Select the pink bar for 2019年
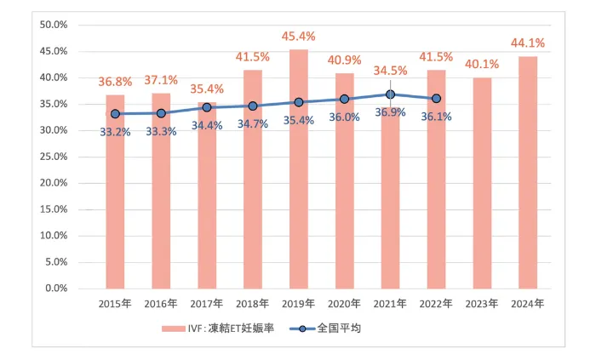coord(299,169)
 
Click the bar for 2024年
coord(528,172)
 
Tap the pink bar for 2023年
coord(482,183)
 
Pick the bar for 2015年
coord(115,191)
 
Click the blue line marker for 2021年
coord(391,94)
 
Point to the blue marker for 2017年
coord(207,107)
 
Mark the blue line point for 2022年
coord(436,99)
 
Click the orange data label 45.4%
coord(298,37)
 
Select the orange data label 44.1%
coord(528,43)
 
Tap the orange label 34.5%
coord(390,71)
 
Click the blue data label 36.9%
coord(390,112)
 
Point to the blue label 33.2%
coord(115,132)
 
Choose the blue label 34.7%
coord(253,124)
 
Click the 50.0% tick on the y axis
coord(54,25)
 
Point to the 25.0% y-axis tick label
coord(54,157)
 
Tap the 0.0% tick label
coord(56,289)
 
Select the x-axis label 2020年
coord(344,304)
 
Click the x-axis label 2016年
coord(161,304)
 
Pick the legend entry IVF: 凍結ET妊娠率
coord(218,329)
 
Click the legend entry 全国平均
coord(325,329)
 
